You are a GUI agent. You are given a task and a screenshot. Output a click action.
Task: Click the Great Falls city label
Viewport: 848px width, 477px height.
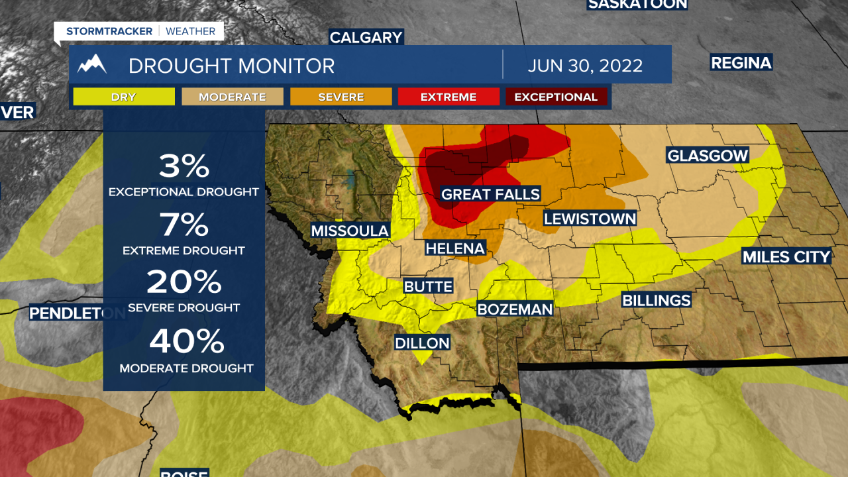tap(490, 194)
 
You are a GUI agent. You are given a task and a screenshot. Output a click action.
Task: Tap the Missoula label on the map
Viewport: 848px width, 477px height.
tap(350, 231)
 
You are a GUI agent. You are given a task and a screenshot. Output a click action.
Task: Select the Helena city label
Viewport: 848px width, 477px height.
tap(455, 248)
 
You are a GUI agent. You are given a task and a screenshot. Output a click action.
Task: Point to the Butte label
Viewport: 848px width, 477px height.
tap(429, 287)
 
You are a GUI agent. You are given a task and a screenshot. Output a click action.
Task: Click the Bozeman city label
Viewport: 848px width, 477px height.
tap(515, 309)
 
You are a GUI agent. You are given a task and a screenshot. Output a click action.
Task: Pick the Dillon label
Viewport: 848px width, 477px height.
tap(422, 343)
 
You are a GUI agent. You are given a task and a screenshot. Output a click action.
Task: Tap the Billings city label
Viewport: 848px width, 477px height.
tap(656, 300)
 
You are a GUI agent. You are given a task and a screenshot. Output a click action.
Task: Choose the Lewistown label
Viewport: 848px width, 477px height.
tap(590, 219)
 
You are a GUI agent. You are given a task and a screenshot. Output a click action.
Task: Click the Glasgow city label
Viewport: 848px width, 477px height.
tap(708, 156)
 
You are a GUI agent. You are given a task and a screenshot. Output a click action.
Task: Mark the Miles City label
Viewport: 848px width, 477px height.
tap(786, 256)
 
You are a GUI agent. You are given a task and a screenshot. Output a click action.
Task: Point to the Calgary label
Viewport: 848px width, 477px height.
tap(366, 38)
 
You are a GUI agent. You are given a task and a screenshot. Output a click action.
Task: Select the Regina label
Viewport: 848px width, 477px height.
tap(741, 63)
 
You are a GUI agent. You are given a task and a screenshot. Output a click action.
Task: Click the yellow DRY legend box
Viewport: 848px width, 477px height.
tap(124, 97)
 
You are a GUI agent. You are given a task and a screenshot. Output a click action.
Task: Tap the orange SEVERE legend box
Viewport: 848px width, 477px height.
tap(341, 97)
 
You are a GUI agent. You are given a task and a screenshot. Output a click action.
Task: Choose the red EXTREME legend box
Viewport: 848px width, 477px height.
tap(449, 97)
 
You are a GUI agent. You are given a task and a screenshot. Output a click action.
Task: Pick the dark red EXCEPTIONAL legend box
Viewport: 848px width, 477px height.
tap(556, 97)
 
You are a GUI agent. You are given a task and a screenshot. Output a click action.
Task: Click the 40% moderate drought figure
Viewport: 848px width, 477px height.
tap(186, 342)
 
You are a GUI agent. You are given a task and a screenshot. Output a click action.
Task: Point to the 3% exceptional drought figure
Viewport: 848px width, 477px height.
tap(184, 166)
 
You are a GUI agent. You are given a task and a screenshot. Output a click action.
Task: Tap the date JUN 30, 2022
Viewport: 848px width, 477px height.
tap(585, 66)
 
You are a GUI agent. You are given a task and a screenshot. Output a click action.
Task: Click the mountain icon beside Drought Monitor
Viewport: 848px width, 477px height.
tap(92, 64)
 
